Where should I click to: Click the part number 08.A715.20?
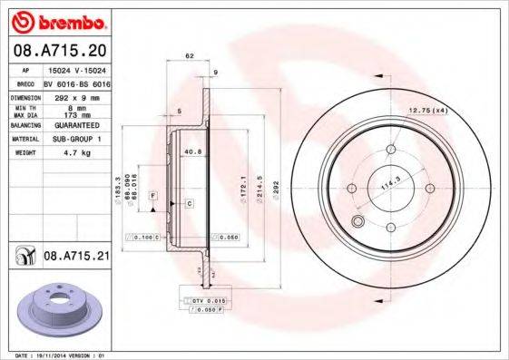coord(59,49)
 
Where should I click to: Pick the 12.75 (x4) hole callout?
coord(427,111)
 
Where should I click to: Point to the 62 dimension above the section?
coord(190,56)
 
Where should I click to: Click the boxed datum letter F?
coord(153,196)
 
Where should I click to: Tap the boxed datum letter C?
coord(190,203)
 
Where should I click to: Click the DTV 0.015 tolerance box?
coord(210,298)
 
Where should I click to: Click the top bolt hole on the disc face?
coord(391,150)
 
